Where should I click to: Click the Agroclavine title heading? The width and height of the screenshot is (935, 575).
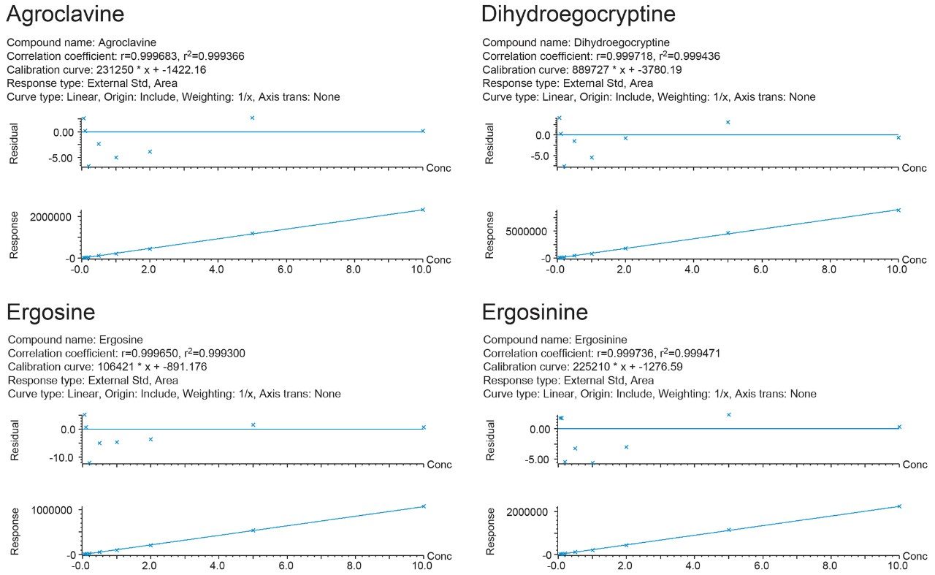[x=65, y=15]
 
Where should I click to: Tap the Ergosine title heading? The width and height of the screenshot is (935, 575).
[x=51, y=313]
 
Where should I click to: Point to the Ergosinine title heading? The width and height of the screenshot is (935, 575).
[x=535, y=313]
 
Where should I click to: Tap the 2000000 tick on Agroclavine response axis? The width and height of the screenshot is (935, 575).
[x=51, y=217]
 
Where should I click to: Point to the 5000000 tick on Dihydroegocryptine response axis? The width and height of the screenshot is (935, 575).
[x=527, y=231]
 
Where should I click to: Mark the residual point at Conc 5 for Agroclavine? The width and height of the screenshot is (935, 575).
[x=252, y=118]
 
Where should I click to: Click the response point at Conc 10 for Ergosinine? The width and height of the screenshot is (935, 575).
[x=898, y=506]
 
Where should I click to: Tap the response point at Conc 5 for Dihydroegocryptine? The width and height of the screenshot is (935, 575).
[x=728, y=233]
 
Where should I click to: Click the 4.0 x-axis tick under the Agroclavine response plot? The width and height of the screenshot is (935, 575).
[x=216, y=270]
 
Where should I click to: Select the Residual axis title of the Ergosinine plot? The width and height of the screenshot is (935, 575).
[x=490, y=440]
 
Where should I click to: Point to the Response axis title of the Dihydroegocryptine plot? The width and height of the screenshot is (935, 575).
[x=490, y=235]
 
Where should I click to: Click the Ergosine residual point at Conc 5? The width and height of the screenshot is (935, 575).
[x=253, y=424]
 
